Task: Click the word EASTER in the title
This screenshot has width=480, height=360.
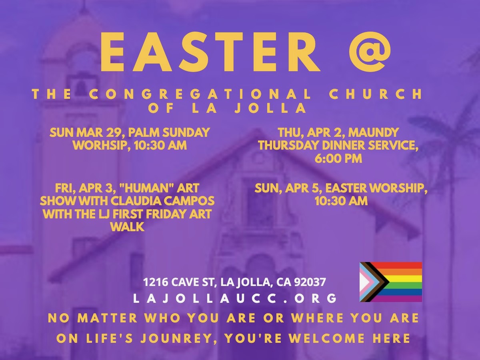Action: coord(210,52)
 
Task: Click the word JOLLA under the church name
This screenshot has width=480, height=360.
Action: coord(270,108)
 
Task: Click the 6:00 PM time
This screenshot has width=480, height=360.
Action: coord(338,158)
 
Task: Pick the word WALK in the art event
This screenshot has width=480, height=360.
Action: coord(127,227)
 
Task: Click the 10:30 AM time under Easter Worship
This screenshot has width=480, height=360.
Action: coord(341,201)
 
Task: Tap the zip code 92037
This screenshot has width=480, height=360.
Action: coord(310,282)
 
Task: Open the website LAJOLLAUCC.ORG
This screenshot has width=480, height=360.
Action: coord(235,298)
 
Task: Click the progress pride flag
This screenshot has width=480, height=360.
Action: coord(391,282)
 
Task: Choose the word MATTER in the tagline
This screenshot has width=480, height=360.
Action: coord(107,318)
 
